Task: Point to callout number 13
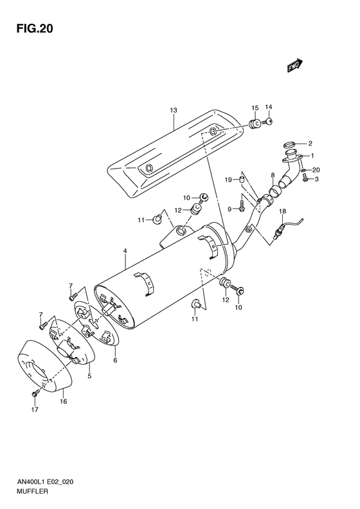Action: (173, 111)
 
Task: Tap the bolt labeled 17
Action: (36, 393)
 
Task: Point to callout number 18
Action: (282, 212)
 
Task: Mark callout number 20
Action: (315, 169)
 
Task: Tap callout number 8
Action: (273, 175)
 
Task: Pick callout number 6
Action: (115, 360)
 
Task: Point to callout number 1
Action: (313, 155)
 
